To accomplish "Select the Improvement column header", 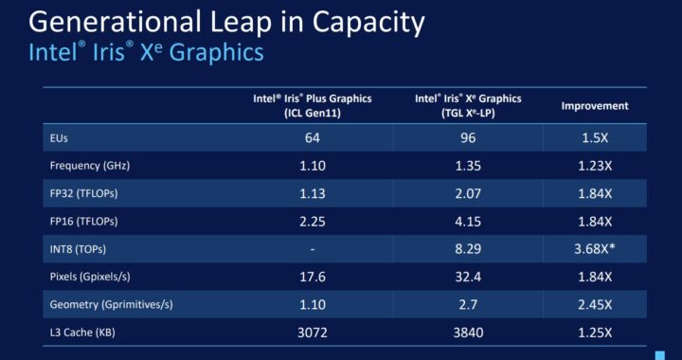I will [x=594, y=107].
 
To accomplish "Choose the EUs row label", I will [x=59, y=138].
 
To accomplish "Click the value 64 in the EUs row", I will [x=312, y=138].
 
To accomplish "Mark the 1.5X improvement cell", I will [x=594, y=138].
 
